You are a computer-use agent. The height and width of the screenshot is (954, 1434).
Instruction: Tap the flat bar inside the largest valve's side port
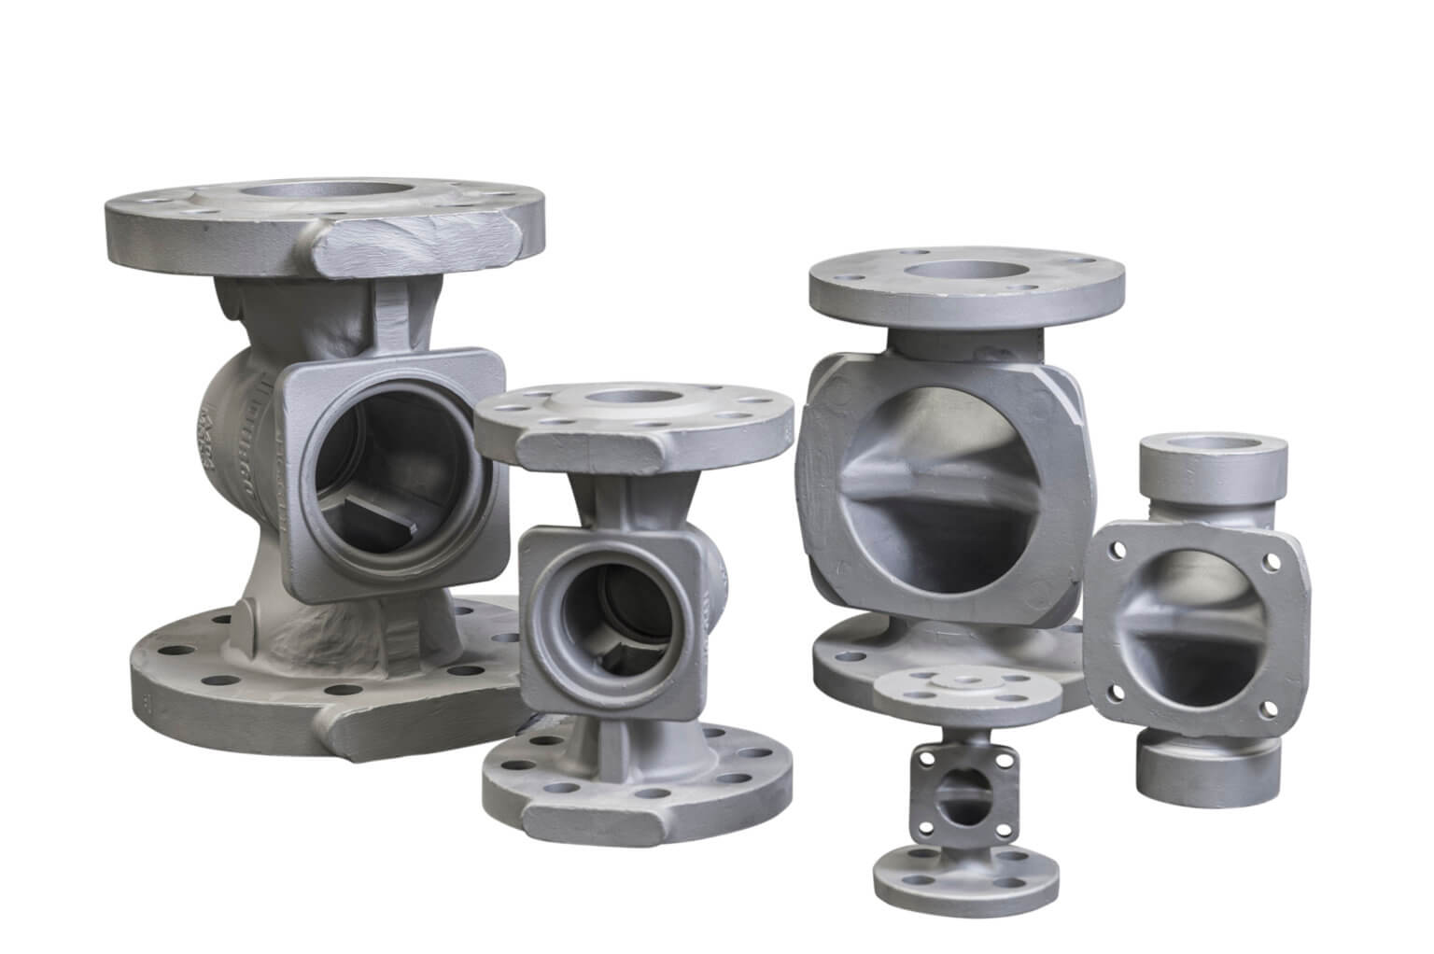pos(377,512)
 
